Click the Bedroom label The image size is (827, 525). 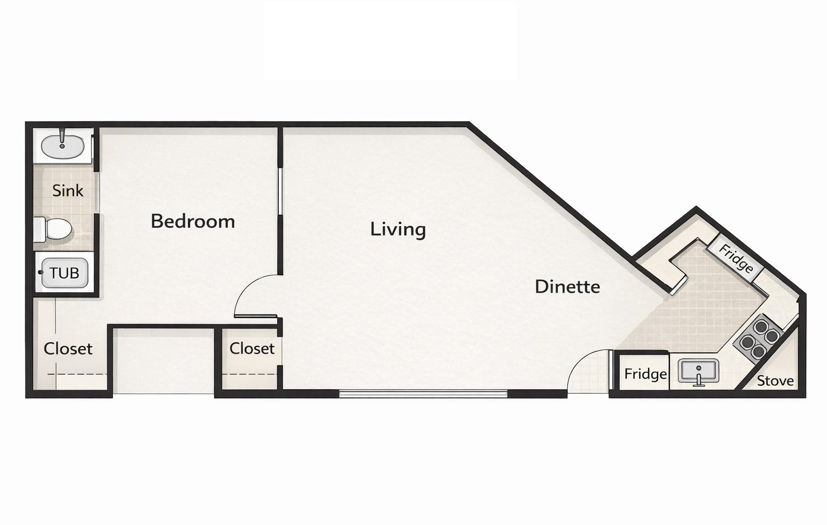pos(193,221)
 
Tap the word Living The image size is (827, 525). pos(398,230)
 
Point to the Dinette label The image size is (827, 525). pos(567,286)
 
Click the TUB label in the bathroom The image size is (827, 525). pos(64,273)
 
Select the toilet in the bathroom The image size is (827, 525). pos(53,229)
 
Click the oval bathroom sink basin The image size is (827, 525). pos(62,147)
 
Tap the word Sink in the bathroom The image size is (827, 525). pos(68,191)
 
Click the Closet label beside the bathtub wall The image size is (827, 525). pos(68,348)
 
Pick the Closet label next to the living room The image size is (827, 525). pos(252,348)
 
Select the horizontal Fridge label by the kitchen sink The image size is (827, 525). pos(646,374)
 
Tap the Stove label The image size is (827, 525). pos(775,381)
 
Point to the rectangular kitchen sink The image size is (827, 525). pos(699,371)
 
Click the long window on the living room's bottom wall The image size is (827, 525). pos(424,394)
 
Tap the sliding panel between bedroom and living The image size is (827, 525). pos(280,192)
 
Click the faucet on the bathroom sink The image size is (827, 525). pos(62,139)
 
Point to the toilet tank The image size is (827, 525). pos(39,229)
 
